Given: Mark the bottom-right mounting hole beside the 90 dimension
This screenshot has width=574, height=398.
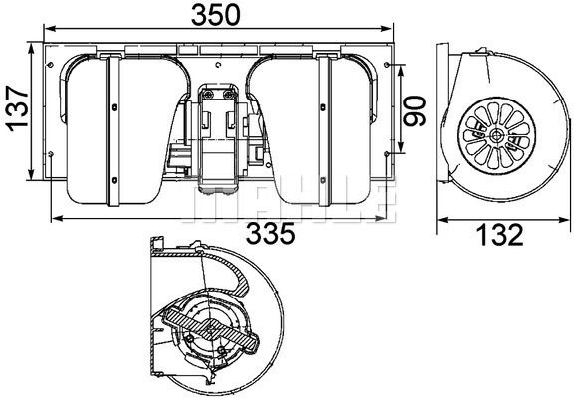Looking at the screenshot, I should pyautogui.click(x=385, y=154).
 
